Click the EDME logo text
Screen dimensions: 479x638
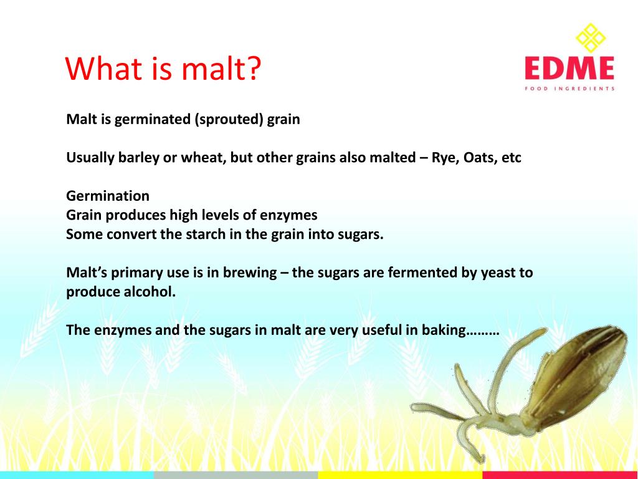(x=569, y=68)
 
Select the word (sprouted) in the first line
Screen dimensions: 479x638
(x=229, y=119)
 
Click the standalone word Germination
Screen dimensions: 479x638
(x=108, y=196)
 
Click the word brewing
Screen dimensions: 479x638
(x=245, y=273)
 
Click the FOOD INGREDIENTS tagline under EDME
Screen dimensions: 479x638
(x=569, y=89)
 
